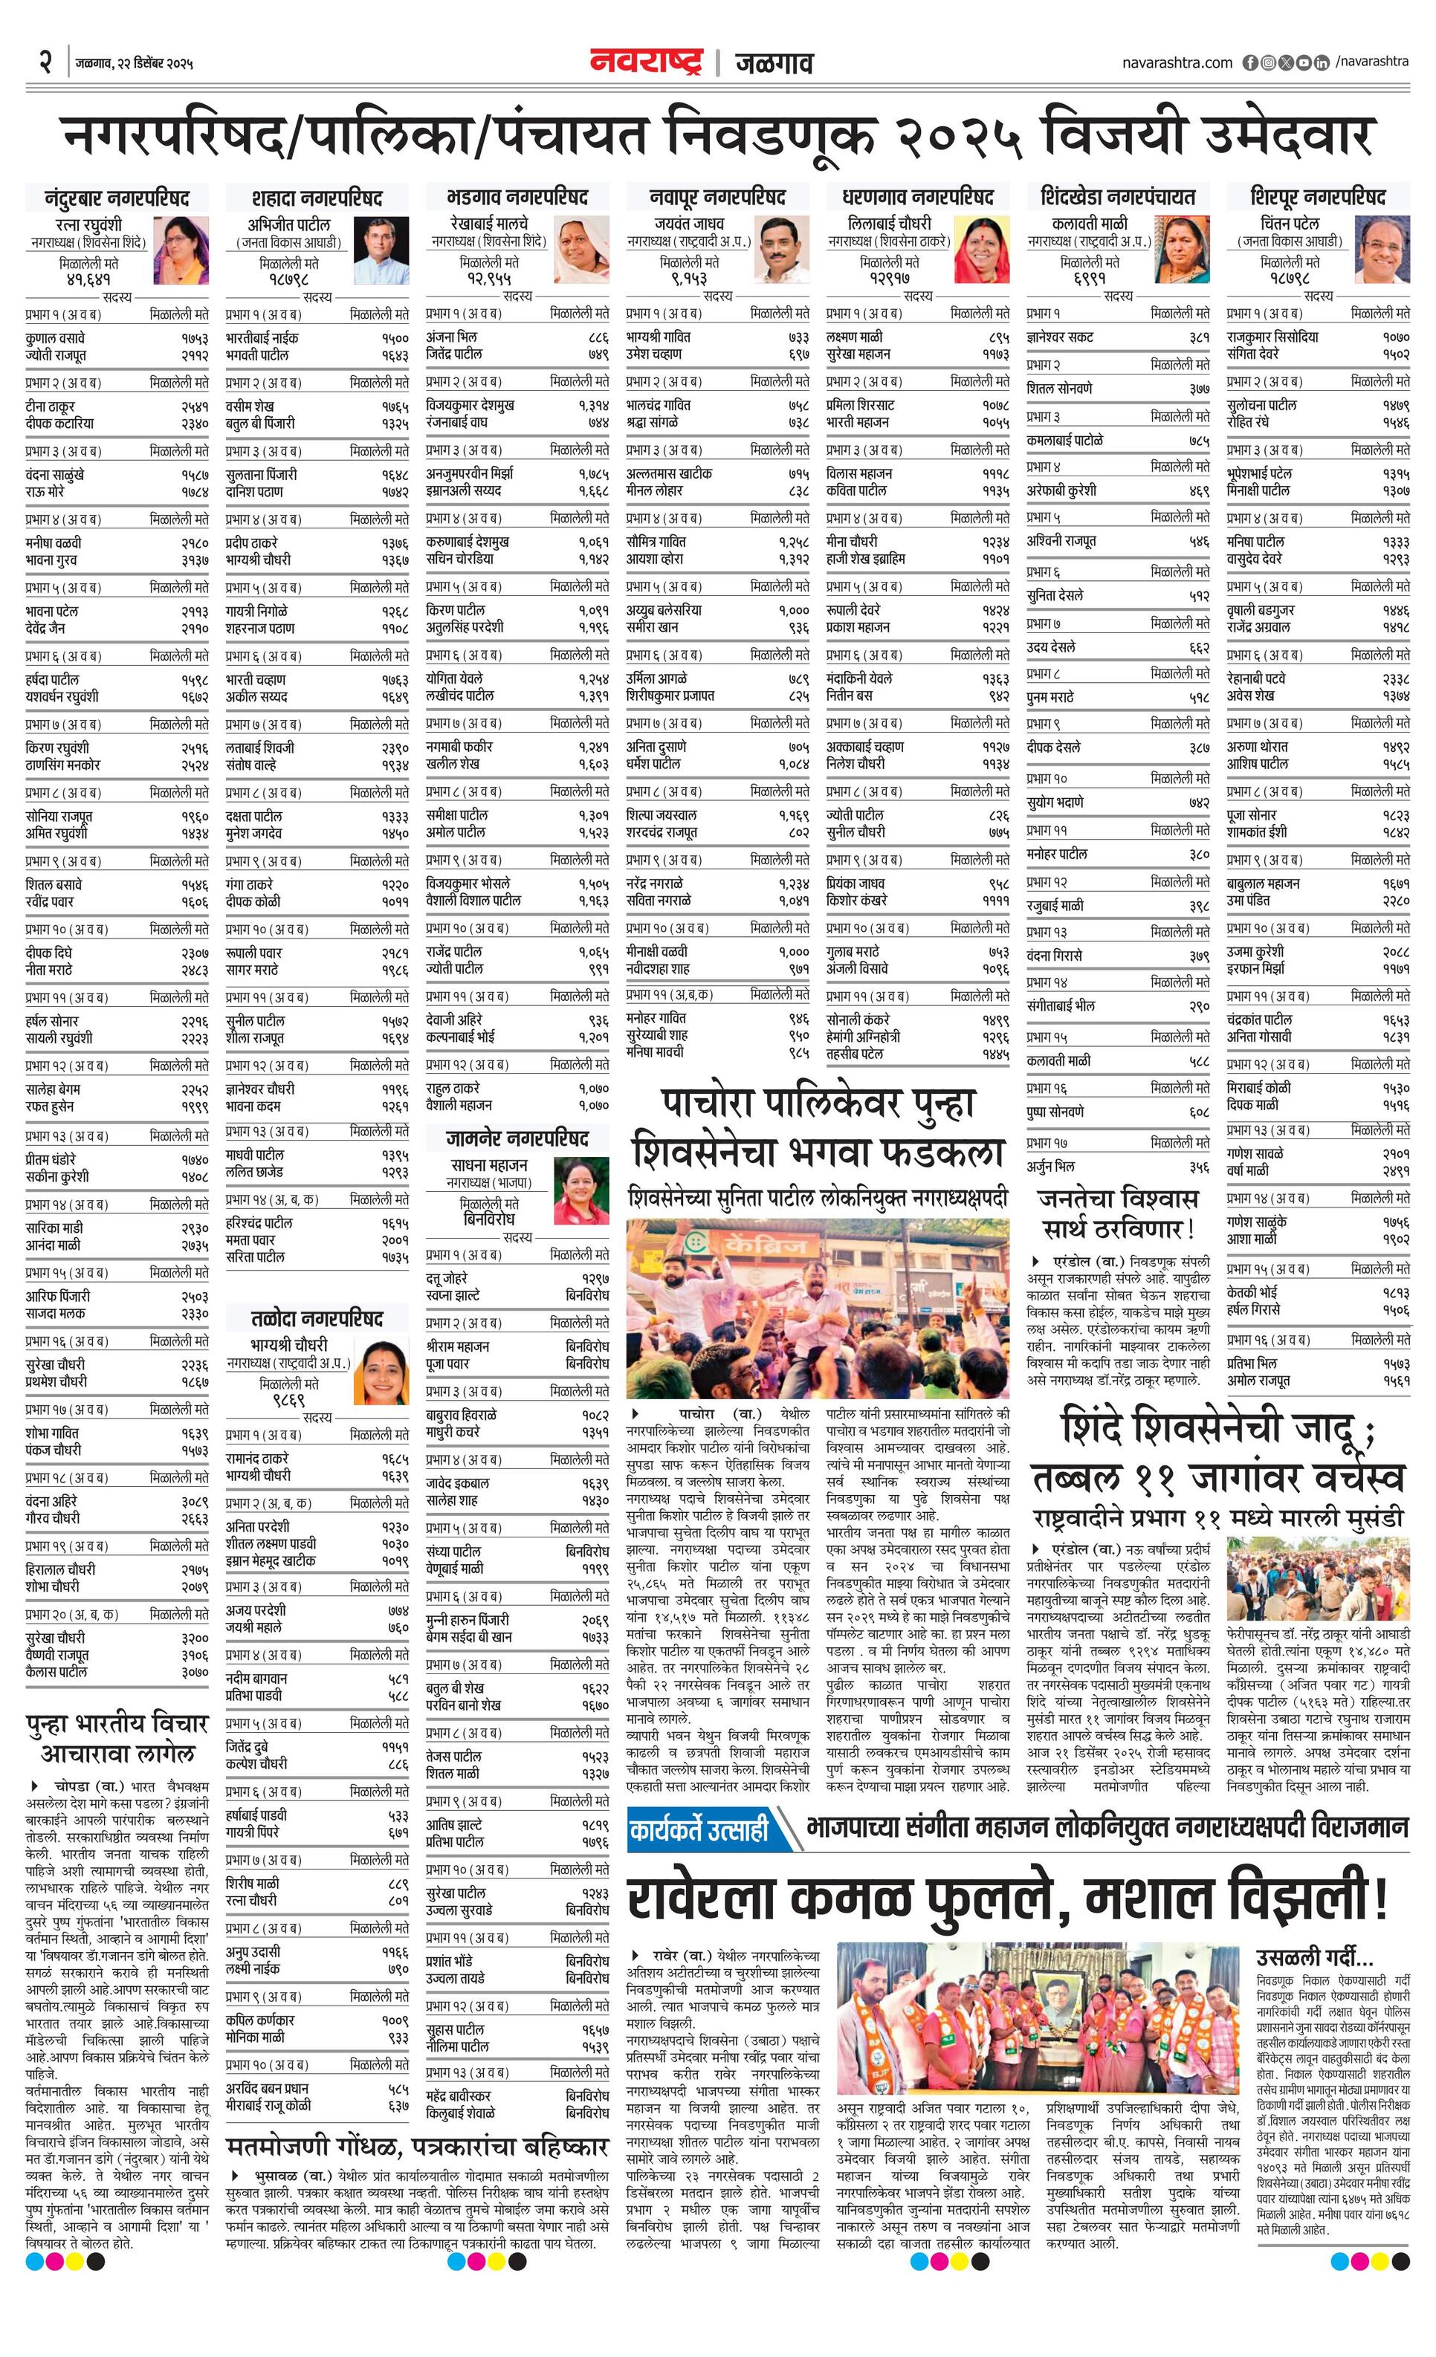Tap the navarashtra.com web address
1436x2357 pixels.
click(1177, 62)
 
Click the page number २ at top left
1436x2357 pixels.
click(45, 62)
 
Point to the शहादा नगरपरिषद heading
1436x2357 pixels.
click(317, 198)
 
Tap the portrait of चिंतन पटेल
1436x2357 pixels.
click(1382, 250)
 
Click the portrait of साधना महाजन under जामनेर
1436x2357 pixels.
click(580, 1189)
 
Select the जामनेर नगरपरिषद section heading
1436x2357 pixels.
click(517, 1138)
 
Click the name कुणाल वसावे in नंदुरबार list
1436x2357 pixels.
click(56, 337)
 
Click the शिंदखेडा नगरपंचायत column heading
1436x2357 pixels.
click(1117, 198)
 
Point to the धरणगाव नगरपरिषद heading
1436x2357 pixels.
click(917, 198)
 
